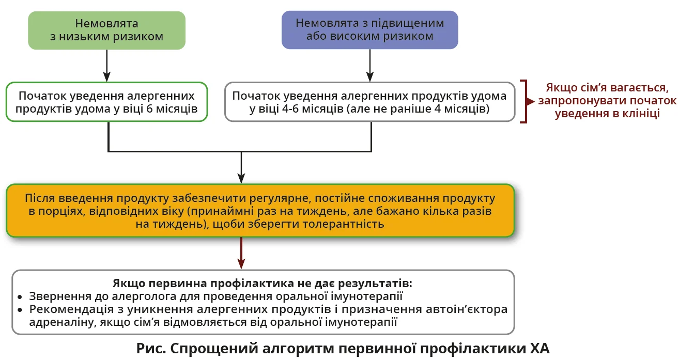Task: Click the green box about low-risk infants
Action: point(106,30)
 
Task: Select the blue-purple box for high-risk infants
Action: point(369,30)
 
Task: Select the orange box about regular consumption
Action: point(260,211)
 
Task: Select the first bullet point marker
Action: point(20,298)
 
